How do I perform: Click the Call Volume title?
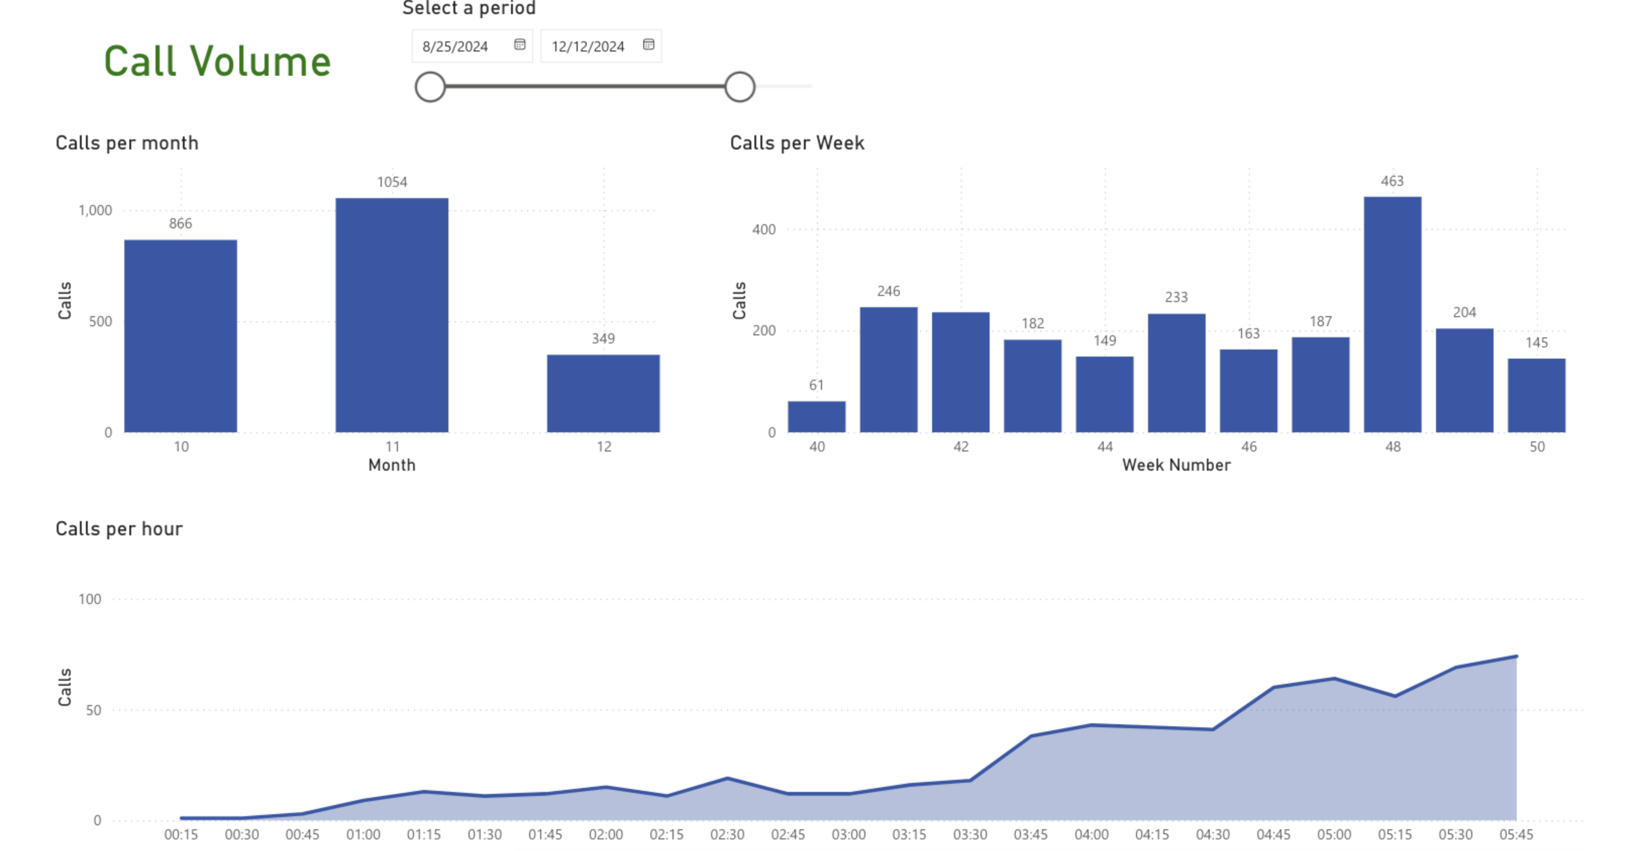[x=217, y=61]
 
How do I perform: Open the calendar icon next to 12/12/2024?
[x=648, y=45]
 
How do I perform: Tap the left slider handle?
[x=430, y=87]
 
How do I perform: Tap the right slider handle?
[x=740, y=87]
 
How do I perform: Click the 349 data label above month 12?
[x=603, y=338]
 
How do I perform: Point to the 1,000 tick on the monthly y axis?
[x=95, y=211]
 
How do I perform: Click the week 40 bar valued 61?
[x=816, y=417]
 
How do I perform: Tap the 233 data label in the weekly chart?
[x=1176, y=297]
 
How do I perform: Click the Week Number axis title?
[x=1176, y=465]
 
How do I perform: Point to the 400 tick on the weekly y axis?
[x=764, y=230]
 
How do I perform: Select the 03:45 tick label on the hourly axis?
[x=1030, y=835]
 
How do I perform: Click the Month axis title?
[x=391, y=465]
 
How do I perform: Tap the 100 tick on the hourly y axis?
[x=89, y=599]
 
